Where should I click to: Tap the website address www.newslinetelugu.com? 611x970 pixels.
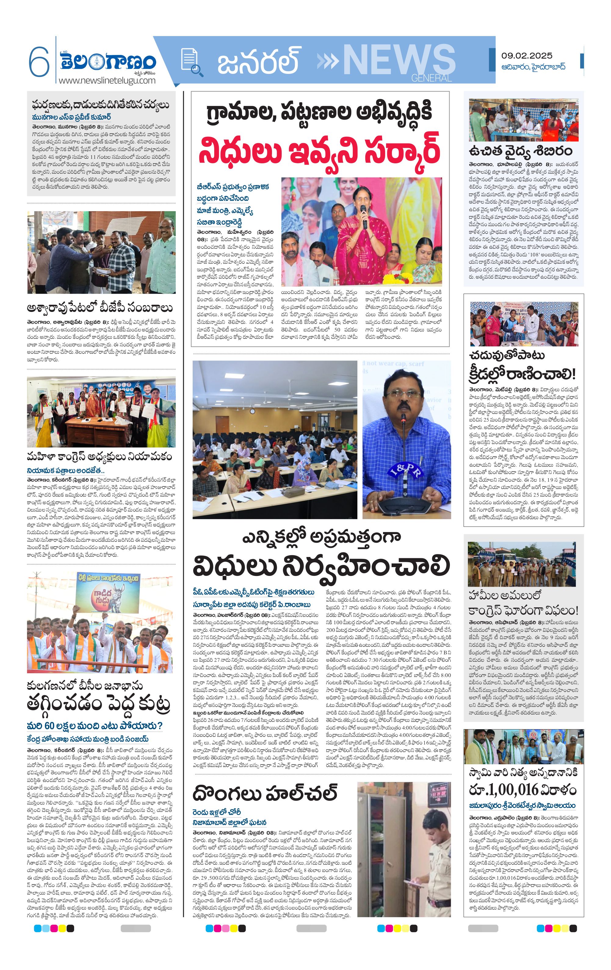(107, 80)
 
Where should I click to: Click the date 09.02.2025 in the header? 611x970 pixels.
(526, 56)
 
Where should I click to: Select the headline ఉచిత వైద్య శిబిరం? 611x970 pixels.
(520, 151)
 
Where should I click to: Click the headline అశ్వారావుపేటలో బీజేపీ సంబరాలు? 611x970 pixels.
(99, 308)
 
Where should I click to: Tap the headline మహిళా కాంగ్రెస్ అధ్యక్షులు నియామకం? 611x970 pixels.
(99, 456)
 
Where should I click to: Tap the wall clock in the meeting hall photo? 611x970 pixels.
(252, 412)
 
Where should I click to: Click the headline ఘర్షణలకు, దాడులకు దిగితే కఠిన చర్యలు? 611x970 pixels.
(101, 105)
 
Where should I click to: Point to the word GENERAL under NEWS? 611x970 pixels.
(431, 78)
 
